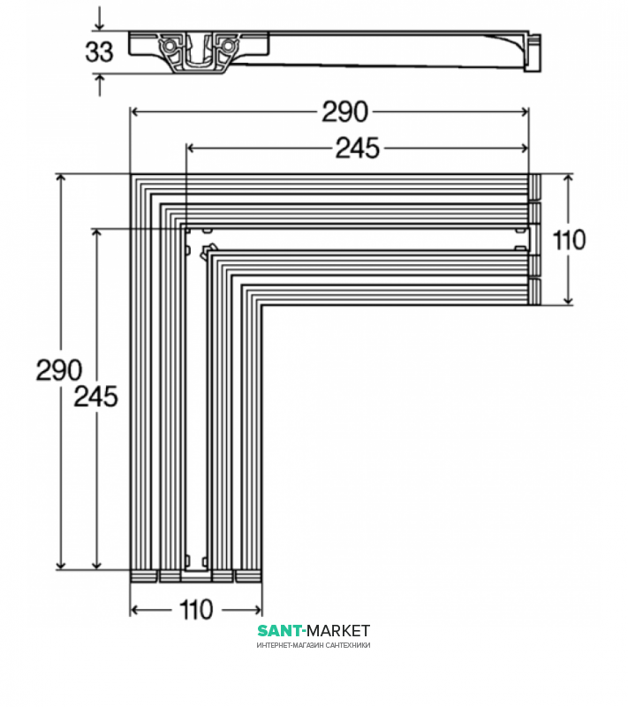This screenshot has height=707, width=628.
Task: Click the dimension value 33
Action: (100, 51)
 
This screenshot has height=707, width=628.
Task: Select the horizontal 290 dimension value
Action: (344, 111)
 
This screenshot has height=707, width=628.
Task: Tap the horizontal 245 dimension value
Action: (357, 148)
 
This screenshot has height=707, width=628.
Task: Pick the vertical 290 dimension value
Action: (58, 370)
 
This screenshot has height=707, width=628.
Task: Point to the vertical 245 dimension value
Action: (95, 397)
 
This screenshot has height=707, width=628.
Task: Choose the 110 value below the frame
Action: (196, 610)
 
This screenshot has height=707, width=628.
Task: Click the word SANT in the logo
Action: (280, 630)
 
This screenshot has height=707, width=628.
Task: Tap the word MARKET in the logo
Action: (338, 630)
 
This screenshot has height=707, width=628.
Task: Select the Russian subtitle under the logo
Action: (314, 645)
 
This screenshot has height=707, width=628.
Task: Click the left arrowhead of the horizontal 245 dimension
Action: (190, 148)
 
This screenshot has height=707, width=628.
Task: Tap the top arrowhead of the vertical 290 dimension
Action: (61, 179)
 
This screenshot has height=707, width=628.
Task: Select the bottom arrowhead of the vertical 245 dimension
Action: (96, 564)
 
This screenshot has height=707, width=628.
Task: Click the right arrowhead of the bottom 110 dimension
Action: (257, 610)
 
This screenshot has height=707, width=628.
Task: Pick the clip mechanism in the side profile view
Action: (197, 52)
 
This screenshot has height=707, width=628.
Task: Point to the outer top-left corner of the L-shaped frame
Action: (132, 175)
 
